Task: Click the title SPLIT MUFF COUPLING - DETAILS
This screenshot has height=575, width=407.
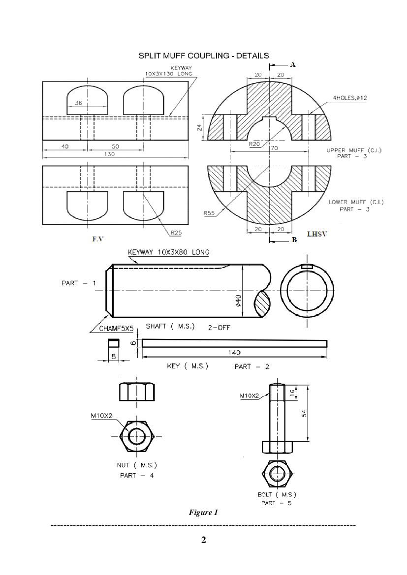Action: point(203,56)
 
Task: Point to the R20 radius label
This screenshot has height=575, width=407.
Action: point(254,145)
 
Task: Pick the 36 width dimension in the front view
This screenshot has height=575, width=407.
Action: point(78,103)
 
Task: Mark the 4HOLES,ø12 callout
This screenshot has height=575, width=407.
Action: point(350,98)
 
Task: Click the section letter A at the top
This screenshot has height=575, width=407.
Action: point(293,64)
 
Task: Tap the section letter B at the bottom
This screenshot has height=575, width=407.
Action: point(294,240)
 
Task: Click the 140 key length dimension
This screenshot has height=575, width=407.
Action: point(234,353)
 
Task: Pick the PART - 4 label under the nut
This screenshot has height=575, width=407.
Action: point(137,475)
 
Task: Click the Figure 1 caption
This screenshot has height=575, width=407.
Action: point(203,513)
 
